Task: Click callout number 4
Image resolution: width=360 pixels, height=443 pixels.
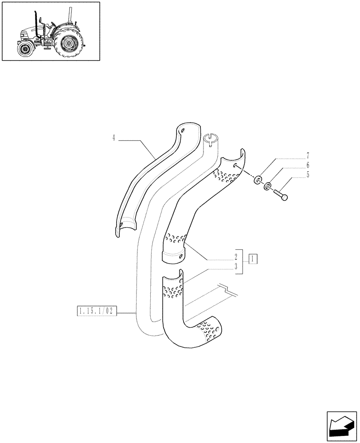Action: click(x=113, y=138)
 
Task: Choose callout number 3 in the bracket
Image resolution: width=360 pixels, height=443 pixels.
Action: click(x=236, y=267)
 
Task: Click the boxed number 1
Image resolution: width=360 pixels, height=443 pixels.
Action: click(x=253, y=258)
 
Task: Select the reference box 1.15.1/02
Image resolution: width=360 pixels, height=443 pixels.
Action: click(x=96, y=312)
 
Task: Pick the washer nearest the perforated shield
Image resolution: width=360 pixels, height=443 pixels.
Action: click(x=257, y=180)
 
